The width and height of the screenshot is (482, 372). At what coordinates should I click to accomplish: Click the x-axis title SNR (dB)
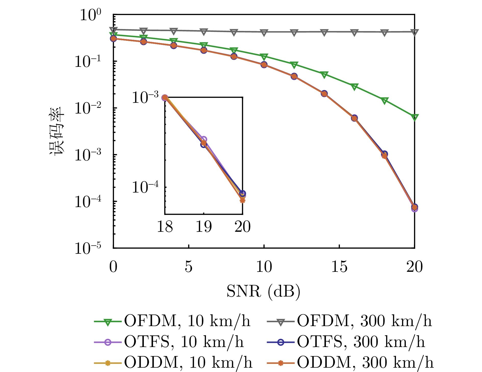coord(263,291)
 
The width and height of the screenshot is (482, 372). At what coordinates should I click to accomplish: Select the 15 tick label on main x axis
coord(339,267)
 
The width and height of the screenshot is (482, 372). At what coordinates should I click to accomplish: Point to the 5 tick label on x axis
coord(188,267)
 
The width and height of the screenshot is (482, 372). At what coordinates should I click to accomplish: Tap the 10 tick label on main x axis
coord(264,267)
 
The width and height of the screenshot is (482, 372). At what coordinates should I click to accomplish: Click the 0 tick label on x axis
coord(113,267)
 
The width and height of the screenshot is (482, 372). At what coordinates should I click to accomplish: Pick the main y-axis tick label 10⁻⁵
coord(88,248)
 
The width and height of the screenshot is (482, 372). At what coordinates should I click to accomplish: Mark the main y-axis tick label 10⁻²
coord(88,108)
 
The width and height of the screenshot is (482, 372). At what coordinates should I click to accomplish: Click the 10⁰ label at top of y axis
coord(91,15)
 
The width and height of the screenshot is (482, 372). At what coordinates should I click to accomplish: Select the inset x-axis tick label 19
coord(204,226)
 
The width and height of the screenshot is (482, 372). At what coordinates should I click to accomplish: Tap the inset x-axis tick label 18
coord(165,226)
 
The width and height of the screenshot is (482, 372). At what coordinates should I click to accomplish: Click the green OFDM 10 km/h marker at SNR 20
coord(415,117)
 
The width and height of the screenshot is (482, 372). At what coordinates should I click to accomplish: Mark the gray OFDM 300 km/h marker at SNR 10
coord(264,32)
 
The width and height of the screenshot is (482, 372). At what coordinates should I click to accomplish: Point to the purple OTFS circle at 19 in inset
coord(204,139)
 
